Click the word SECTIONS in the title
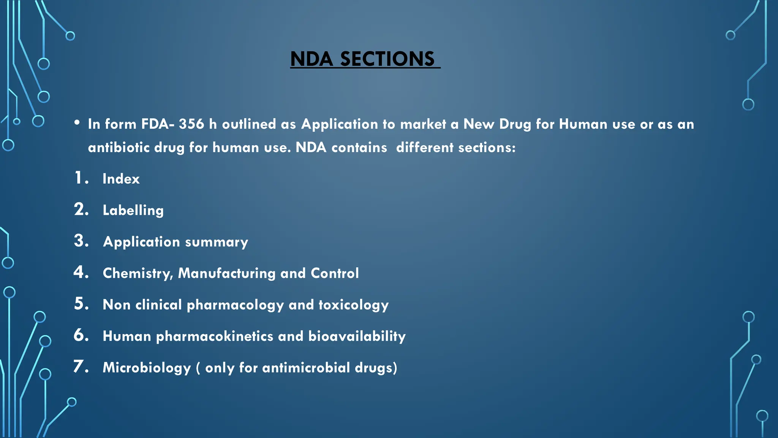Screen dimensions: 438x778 [387, 59]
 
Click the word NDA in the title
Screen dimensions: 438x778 [312, 59]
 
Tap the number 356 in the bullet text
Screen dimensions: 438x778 [191, 124]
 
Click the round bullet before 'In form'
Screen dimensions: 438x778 [77, 122]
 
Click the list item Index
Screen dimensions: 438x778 [121, 179]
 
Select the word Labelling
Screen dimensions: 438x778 [133, 210]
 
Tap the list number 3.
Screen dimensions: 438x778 [81, 241]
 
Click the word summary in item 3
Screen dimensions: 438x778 [217, 242]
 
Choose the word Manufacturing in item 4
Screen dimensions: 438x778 [226, 273]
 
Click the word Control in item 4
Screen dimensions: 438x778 [334, 273]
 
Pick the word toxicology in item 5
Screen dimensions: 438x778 [353, 305]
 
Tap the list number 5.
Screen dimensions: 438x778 [81, 304]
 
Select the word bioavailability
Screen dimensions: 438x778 [357, 336]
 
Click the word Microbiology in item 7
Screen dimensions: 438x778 [147, 368]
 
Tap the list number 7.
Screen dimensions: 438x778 [81, 367]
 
